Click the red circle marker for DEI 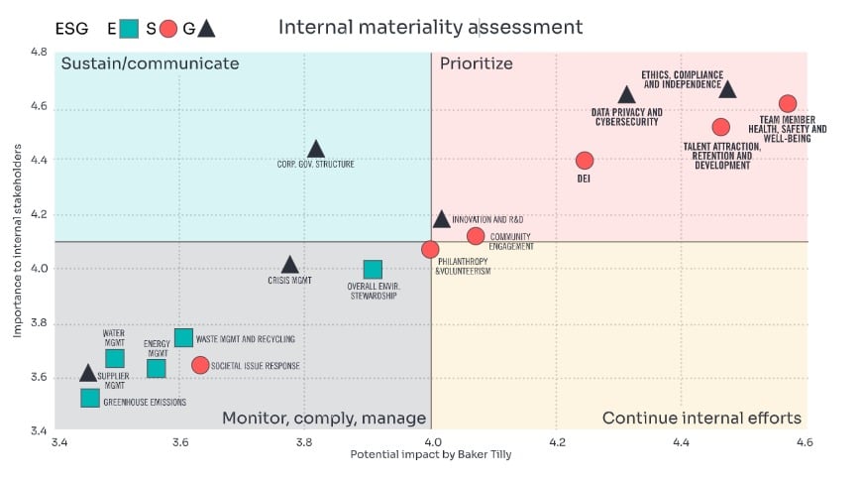coord(585,161)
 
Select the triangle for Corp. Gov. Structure coord(316,150)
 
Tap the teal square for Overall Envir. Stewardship coord(373,269)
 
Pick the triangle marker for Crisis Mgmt coord(289,265)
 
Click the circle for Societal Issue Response coord(200,365)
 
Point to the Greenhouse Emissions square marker coord(90,398)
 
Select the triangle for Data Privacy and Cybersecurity coord(626,95)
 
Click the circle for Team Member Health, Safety coord(788,103)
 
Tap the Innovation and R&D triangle coord(442,219)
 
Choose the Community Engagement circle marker coord(476,236)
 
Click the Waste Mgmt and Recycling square coord(183,338)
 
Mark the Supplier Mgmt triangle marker coord(88,373)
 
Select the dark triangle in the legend coord(206,29)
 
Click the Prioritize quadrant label coord(477,64)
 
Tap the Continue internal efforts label coord(701,418)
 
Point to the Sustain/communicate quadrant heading coord(151,64)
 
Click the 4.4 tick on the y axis coord(37,161)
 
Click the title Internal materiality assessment coord(430,27)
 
